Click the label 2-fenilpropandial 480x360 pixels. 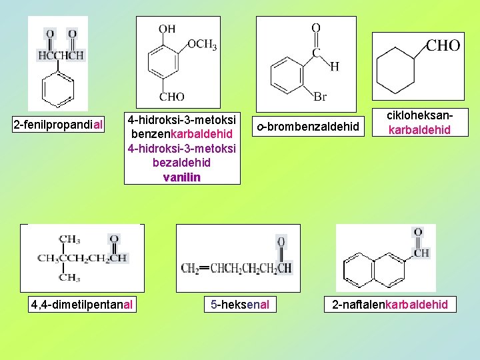[59, 124]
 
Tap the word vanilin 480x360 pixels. [181, 177]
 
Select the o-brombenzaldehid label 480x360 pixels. [308, 125]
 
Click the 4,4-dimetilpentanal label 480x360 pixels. [82, 305]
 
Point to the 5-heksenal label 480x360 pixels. [239, 305]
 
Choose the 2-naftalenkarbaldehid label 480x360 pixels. [390, 305]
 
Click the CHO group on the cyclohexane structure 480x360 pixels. [443, 45]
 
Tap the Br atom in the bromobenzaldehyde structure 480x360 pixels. [320, 97]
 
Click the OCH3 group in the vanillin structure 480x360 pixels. [202, 45]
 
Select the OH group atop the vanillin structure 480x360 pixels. [167, 28]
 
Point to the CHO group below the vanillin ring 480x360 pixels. [171, 97]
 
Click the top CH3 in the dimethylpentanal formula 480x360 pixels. [69, 239]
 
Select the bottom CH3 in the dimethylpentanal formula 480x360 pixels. [69, 277]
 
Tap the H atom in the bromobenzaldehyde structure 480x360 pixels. [334, 67]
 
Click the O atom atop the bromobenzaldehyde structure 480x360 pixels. [316, 27]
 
